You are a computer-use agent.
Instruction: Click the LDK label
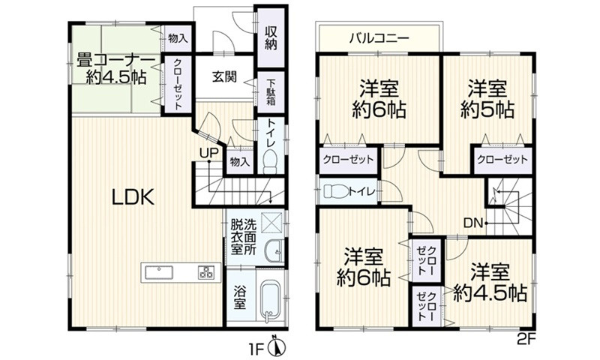coord(133,197)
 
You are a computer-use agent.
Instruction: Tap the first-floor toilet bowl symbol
coord(270,160)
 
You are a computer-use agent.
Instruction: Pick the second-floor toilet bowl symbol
coord(337,191)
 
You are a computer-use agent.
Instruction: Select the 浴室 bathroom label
coord(238,298)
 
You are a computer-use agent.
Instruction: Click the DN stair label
coord(473,222)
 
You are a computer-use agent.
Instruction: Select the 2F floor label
coord(526,339)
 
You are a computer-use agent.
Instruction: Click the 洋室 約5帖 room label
coord(487,99)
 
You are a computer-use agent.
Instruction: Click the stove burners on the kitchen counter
coord(205,272)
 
